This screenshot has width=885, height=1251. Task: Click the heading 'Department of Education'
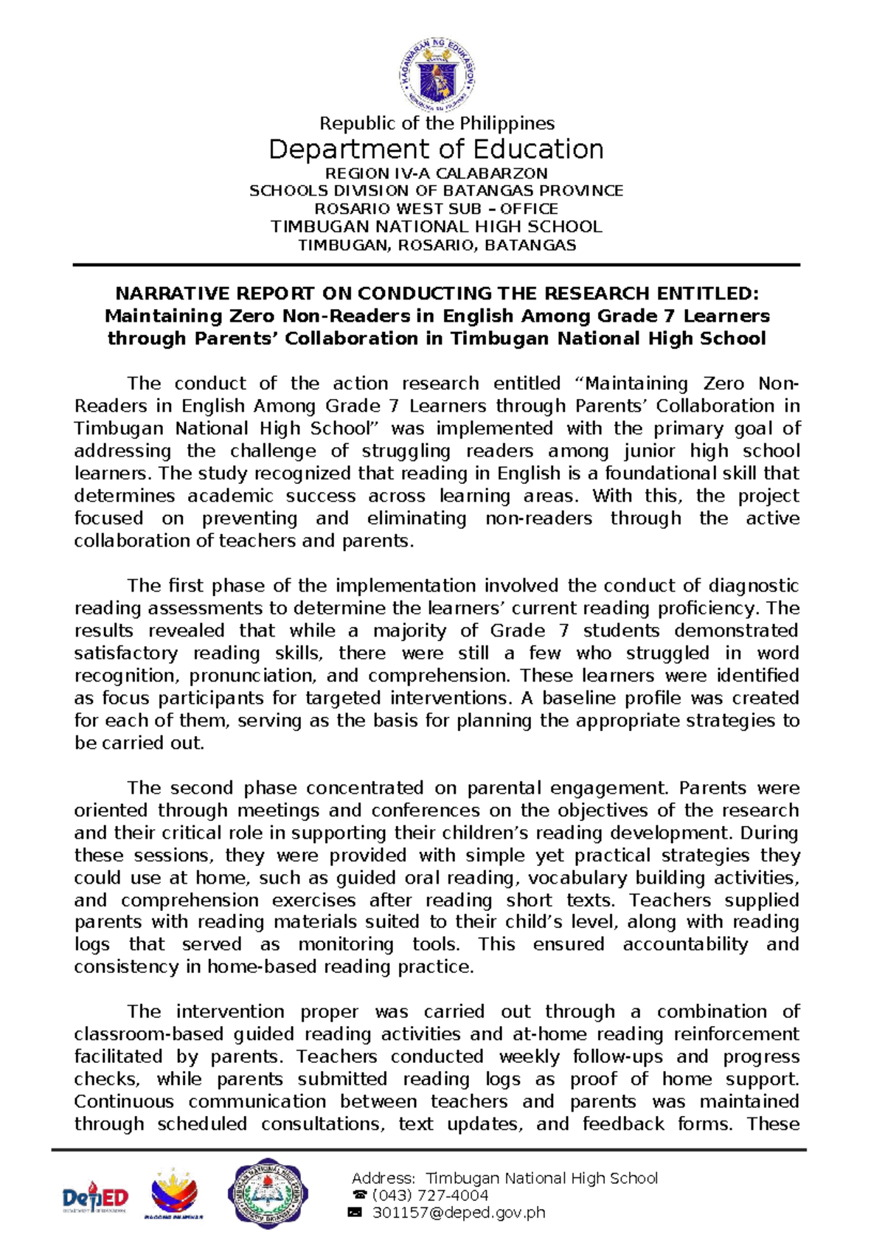(x=436, y=150)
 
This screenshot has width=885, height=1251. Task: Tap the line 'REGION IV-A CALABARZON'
(x=437, y=174)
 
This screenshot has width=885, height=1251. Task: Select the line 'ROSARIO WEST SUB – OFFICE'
(x=437, y=209)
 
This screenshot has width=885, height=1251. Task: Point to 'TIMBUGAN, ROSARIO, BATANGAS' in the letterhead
(x=437, y=245)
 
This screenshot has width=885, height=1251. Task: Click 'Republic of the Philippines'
(x=437, y=123)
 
